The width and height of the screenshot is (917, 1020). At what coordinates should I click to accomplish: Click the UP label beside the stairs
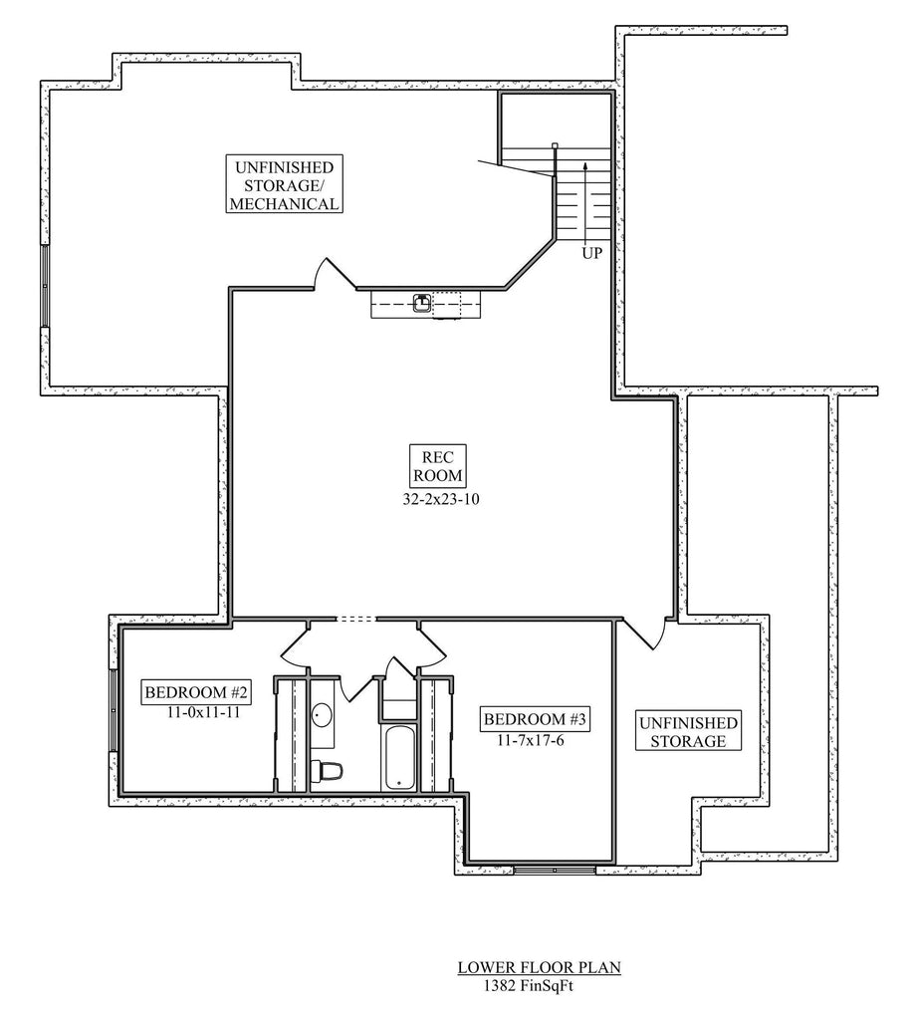click(x=592, y=253)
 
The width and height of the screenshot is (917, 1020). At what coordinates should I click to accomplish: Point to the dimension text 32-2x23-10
click(x=435, y=500)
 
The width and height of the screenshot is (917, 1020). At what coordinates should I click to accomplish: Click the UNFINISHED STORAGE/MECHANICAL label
click(x=284, y=184)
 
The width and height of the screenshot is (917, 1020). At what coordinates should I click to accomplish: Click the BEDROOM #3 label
click(x=524, y=719)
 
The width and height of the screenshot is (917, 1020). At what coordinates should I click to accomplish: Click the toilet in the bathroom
click(x=327, y=770)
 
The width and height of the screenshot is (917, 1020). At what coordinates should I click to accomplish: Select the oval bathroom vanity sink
click(x=323, y=715)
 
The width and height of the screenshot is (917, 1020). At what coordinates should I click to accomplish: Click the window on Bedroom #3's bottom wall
click(x=554, y=870)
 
